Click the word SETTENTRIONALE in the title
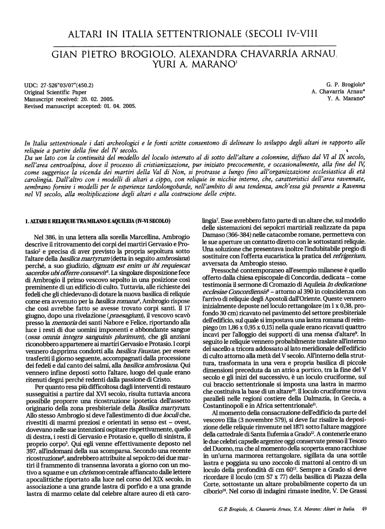tap(193, 34)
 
